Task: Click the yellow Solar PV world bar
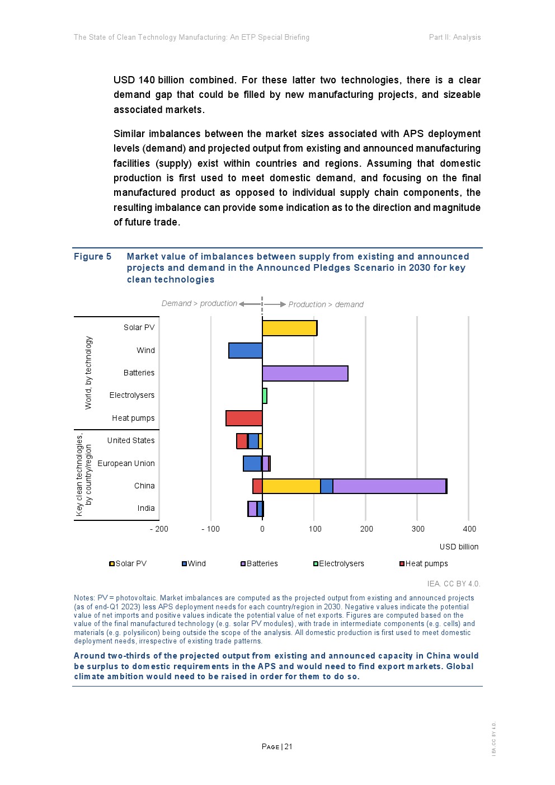pos(289,328)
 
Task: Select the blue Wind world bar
pos(246,350)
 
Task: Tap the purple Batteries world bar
pos(305,373)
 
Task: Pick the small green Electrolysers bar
pos(265,396)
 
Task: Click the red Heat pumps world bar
pos(244,418)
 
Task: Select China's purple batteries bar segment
pos(389,486)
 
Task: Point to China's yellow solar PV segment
pos(291,486)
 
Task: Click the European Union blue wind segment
pos(252,463)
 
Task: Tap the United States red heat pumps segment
pos(242,441)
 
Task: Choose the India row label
pos(146,508)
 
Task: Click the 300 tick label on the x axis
pos(418,529)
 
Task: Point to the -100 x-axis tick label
pos(211,529)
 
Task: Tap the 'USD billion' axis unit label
pos(459,547)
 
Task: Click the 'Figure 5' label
pos(92,256)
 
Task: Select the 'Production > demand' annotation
pos(326,304)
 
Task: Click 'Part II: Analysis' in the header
pos(454,37)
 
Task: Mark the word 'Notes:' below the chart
pos(84,598)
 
